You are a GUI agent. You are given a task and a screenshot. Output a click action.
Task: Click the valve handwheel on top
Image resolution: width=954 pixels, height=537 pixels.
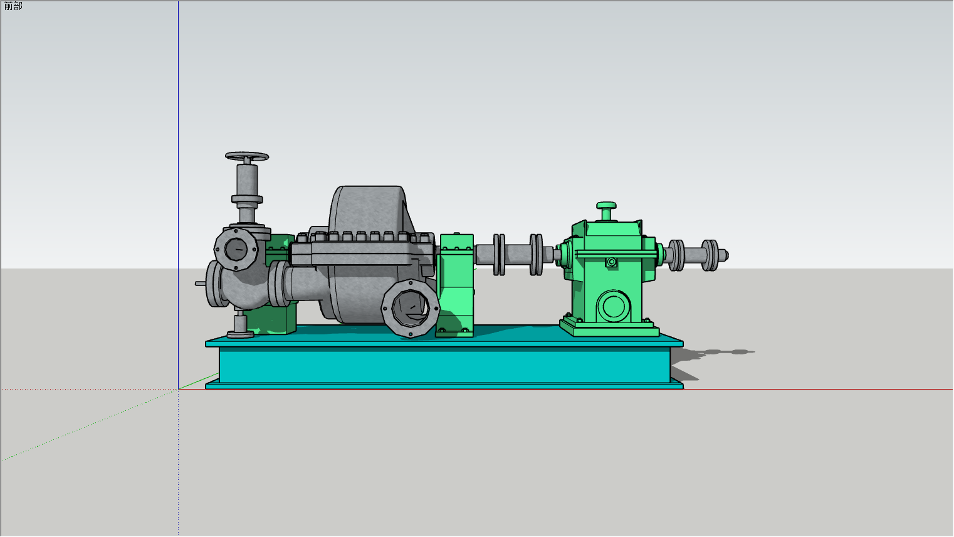(x=247, y=156)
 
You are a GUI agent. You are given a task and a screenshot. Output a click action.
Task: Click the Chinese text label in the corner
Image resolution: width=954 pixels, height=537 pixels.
(x=13, y=6)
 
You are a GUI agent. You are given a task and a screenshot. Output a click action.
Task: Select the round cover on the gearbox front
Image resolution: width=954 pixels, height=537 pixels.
(x=614, y=306)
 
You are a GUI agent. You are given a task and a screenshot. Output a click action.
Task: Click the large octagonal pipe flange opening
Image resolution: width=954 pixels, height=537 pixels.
(x=411, y=308)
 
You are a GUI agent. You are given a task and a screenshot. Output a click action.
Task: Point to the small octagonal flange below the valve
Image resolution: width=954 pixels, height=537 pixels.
(x=236, y=249)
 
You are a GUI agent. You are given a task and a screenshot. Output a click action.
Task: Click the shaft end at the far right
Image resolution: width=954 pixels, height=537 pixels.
(x=723, y=255)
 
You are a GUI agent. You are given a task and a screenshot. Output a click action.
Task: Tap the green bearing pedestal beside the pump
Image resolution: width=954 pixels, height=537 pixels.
(x=455, y=285)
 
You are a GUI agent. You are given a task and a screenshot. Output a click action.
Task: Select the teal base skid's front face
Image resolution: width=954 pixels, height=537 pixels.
(x=444, y=364)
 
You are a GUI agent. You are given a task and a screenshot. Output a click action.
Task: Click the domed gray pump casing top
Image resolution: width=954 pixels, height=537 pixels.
(x=369, y=209)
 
